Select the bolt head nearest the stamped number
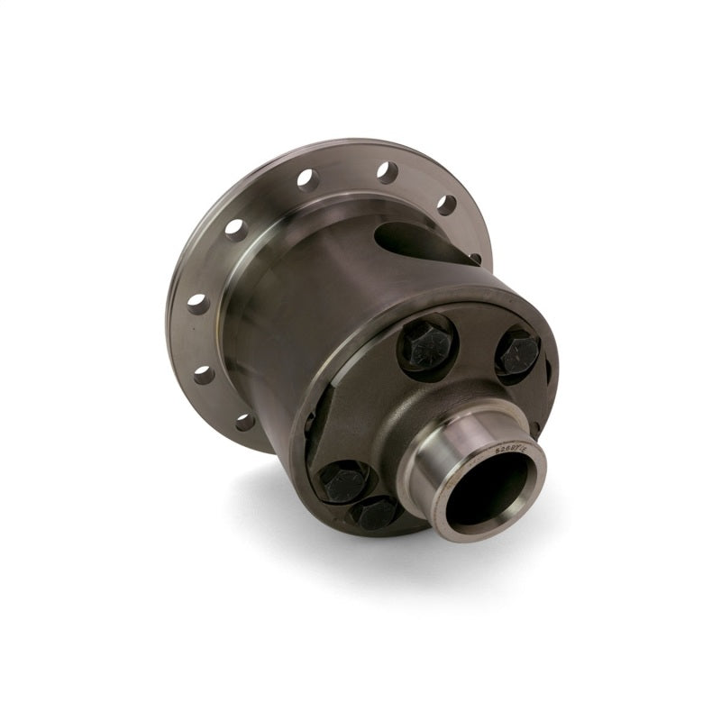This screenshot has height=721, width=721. click(518, 352)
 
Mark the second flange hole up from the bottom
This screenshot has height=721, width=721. click(205, 373)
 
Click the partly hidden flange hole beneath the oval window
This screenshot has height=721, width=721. click(475, 259)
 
